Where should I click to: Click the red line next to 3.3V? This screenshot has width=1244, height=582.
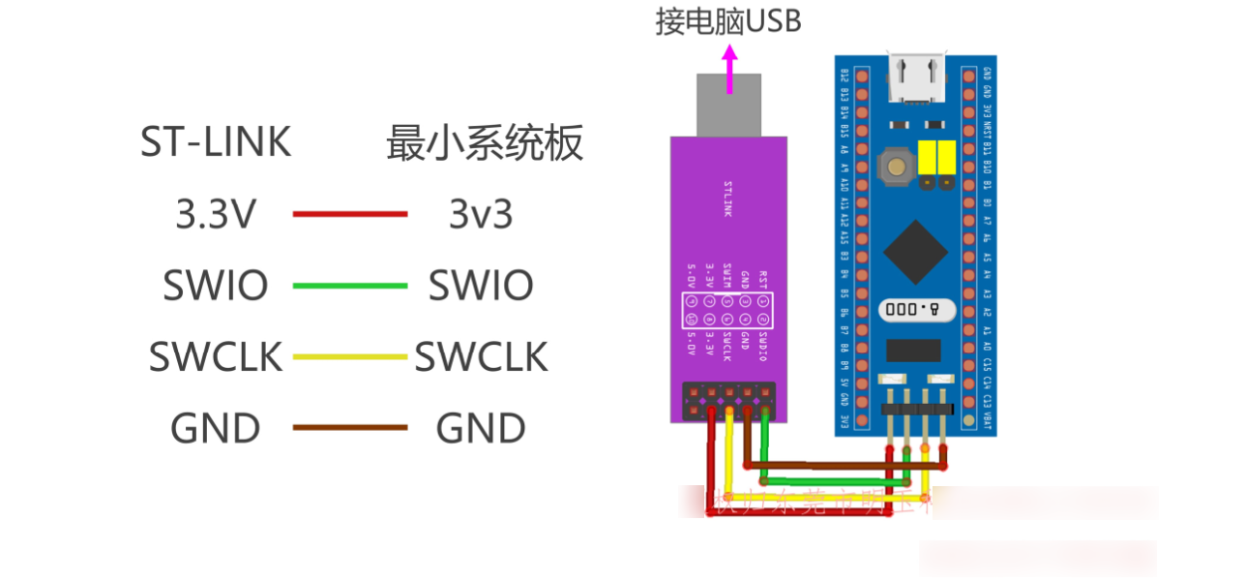[x=350, y=214]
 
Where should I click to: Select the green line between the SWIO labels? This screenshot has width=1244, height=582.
[x=350, y=286]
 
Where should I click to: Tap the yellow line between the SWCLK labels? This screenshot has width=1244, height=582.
[x=350, y=356]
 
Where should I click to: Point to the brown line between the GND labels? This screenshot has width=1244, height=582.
[x=350, y=427]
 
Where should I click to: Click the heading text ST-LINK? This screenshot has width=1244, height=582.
[x=216, y=142]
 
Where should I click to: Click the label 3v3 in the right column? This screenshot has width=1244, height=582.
[x=481, y=214]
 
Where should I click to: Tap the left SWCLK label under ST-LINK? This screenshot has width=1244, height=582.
[x=216, y=357]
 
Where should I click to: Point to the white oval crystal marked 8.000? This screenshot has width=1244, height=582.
[x=916, y=310]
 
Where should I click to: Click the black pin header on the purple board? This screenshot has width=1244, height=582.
[x=728, y=401]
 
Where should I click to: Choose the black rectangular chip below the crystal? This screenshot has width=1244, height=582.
[x=913, y=350]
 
